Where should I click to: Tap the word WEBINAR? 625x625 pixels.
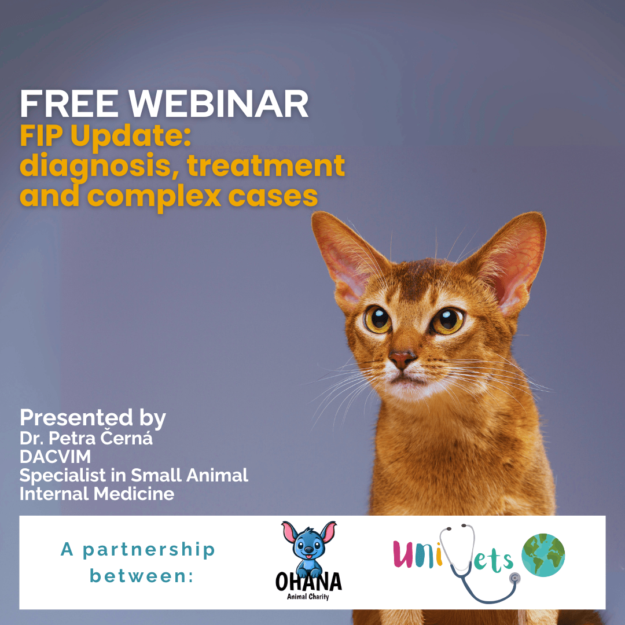pyautogui.click(x=218, y=104)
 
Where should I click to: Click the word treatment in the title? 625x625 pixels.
pyautogui.click(x=266, y=166)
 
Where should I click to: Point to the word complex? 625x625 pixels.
pyautogui.click(x=154, y=197)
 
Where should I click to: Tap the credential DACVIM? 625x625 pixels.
pyautogui.click(x=56, y=457)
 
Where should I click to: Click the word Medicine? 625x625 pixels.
pyautogui.click(x=134, y=494)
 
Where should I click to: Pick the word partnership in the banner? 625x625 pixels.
pyautogui.click(x=149, y=550)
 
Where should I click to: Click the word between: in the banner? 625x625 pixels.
pyautogui.click(x=142, y=576)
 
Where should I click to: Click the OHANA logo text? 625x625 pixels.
pyautogui.click(x=308, y=582)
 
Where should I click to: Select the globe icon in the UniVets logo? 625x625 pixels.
pyautogui.click(x=543, y=555)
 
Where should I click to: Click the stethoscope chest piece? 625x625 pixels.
pyautogui.click(x=515, y=578)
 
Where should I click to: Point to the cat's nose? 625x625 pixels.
pyautogui.click(x=402, y=359)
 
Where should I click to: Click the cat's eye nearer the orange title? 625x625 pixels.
pyautogui.click(x=377, y=319)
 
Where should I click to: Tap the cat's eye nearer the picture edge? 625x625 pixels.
pyautogui.click(x=447, y=321)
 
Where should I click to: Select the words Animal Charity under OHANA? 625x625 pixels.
pyautogui.click(x=308, y=596)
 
